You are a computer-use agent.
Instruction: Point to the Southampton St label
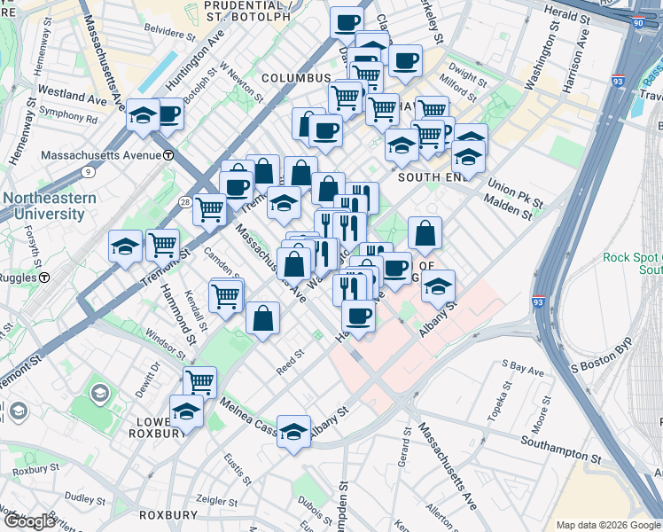tap(561, 450)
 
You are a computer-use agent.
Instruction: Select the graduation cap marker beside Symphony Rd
tap(143, 116)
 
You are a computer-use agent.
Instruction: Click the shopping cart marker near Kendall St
tap(226, 296)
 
